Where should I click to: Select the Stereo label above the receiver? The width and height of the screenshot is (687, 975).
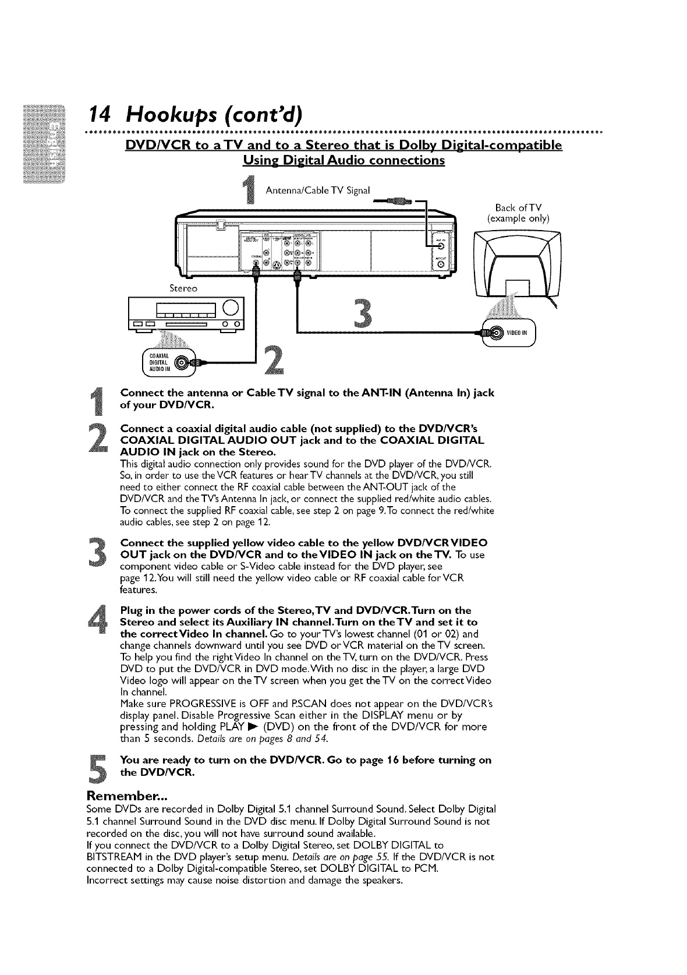(x=183, y=288)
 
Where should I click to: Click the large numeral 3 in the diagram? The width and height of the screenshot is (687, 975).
(x=366, y=315)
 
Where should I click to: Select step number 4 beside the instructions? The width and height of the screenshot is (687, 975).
(x=101, y=619)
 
